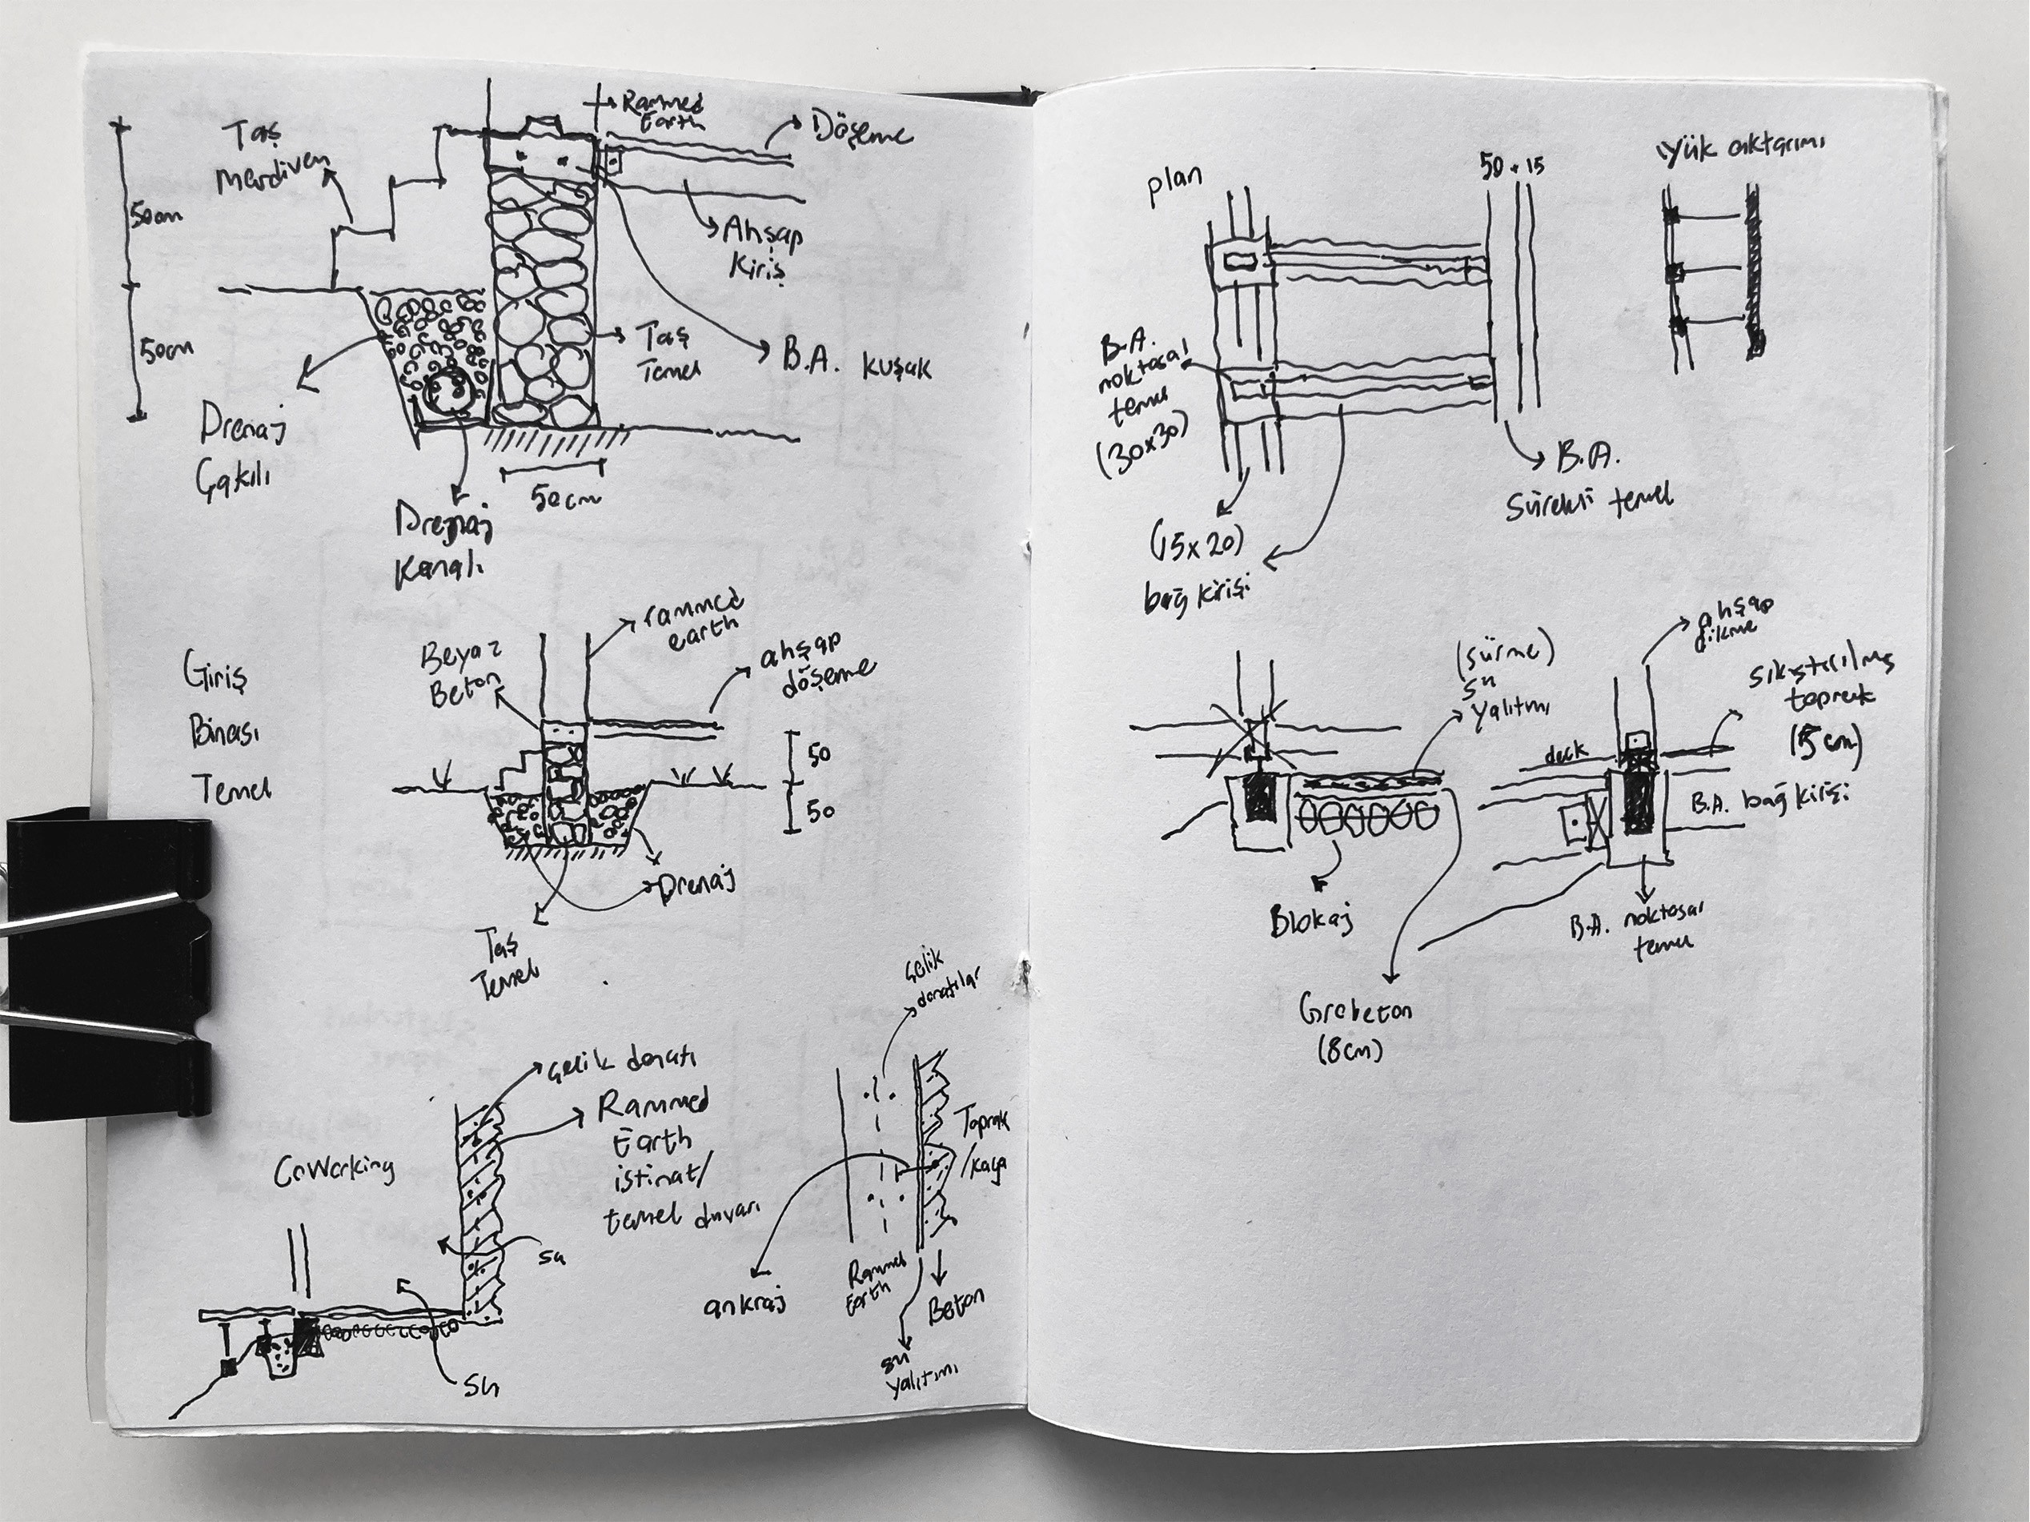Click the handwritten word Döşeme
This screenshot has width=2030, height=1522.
[861, 135]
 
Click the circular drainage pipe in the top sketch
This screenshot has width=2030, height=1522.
[447, 395]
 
